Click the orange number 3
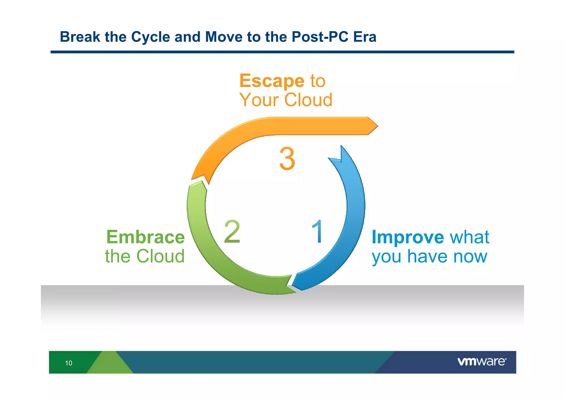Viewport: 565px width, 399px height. [287, 159]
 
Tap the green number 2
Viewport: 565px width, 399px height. [232, 232]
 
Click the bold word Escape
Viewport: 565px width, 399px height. [272, 81]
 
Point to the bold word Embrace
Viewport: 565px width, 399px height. [145, 237]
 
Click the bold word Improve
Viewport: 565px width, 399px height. [408, 237]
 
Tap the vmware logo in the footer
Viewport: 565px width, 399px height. [482, 361]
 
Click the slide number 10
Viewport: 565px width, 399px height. [69, 363]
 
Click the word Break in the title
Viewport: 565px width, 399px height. [80, 37]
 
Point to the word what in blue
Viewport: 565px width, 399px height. [470, 237]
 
